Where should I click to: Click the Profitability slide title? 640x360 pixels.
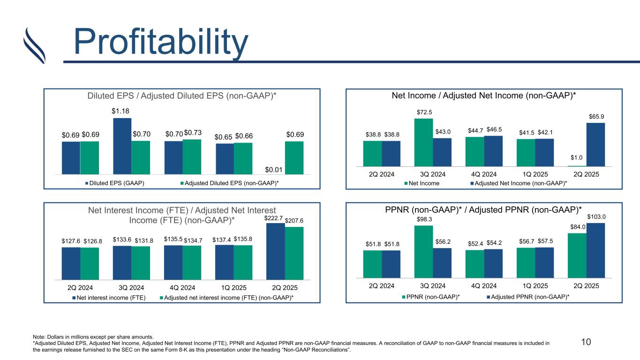click(x=161, y=42)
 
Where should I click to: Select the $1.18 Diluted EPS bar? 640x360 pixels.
click(x=122, y=145)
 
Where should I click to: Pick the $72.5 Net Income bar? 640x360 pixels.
click(x=423, y=142)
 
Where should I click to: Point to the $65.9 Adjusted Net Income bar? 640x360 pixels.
click(x=595, y=144)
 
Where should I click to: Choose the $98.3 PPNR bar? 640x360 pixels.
click(x=423, y=252)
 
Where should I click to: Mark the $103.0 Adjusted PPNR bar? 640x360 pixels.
click(x=595, y=250)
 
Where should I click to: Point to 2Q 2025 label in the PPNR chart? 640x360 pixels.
click(x=586, y=285)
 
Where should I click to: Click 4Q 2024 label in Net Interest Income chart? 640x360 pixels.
click(x=182, y=287)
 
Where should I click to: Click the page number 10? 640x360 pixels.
click(x=586, y=342)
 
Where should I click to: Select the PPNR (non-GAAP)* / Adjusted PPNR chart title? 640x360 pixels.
click(x=483, y=209)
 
